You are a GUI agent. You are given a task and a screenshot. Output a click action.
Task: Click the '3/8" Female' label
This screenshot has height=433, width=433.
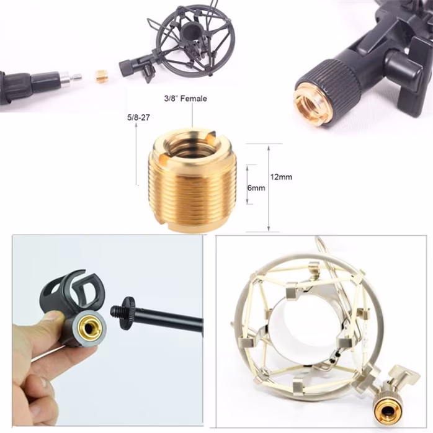(x=185, y=98)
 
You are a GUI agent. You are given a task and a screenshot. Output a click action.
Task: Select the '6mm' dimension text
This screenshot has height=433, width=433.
(x=256, y=187)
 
